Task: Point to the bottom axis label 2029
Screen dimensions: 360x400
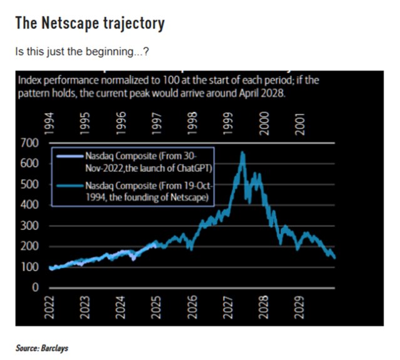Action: (x=299, y=309)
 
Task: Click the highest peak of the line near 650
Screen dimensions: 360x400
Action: (x=242, y=153)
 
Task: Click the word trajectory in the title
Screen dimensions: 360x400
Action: (x=134, y=24)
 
